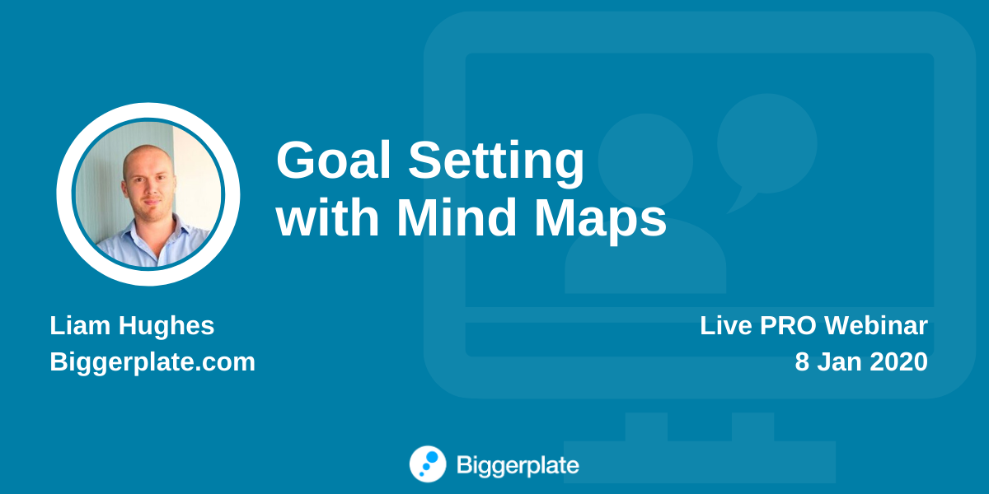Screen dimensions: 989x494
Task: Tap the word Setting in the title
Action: [496, 164]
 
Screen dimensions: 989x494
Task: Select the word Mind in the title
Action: [457, 217]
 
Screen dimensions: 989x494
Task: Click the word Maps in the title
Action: [601, 220]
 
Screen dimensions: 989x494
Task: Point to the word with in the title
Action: [327, 217]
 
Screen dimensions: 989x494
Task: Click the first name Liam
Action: [80, 325]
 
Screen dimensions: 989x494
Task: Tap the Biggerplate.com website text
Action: [152, 363]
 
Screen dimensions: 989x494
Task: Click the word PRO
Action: [788, 325]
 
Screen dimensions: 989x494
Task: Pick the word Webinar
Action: [875, 325]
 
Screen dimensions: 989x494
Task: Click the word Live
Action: [726, 325]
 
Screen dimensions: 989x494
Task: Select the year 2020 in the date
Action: [898, 361]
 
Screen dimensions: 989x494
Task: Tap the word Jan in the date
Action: [839, 361]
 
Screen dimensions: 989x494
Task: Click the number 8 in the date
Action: [802, 361]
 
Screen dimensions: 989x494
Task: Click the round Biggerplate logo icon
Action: [428, 464]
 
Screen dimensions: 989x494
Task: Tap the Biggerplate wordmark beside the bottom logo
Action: [518, 466]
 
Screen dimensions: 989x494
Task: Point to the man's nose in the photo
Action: [150, 188]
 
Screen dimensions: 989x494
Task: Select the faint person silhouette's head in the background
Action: [645, 161]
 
